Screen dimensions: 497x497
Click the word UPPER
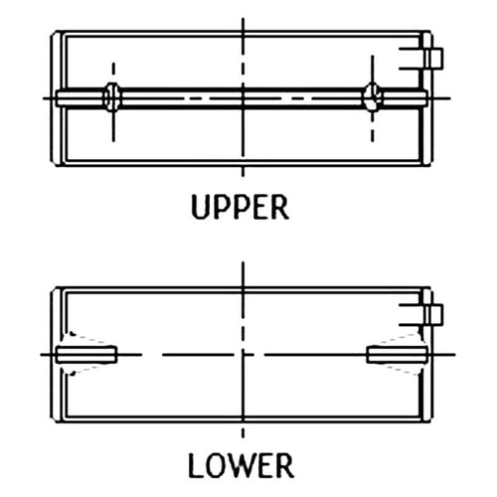click(x=241, y=207)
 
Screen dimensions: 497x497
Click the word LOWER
click(x=241, y=465)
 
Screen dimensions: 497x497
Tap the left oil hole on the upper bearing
click(x=113, y=97)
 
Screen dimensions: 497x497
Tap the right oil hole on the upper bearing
click(x=373, y=97)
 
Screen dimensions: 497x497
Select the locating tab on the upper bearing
click(x=434, y=59)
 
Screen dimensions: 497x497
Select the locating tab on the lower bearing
click(x=434, y=315)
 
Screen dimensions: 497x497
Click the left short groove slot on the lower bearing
click(x=86, y=355)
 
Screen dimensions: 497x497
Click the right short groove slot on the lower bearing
click(x=397, y=355)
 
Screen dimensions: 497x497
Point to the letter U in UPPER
click(x=201, y=208)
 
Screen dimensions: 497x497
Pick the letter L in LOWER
click(x=196, y=465)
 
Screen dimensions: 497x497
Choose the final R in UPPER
click(x=280, y=208)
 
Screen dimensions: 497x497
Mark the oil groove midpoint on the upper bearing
click(x=243, y=98)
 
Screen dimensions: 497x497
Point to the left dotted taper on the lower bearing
click(x=87, y=354)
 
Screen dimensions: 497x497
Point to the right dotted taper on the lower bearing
click(x=400, y=354)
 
